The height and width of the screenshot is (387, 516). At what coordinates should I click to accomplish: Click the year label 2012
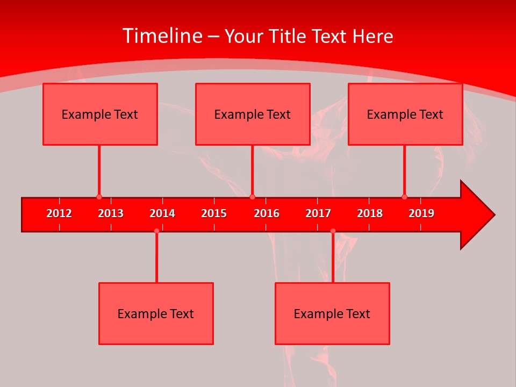tap(59, 213)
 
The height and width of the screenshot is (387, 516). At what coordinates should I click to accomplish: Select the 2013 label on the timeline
tap(111, 213)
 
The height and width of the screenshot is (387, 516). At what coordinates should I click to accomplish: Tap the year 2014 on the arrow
tap(162, 213)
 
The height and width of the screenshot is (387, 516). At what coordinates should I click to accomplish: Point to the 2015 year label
tap(214, 213)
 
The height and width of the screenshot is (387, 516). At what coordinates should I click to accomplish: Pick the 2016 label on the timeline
tap(267, 213)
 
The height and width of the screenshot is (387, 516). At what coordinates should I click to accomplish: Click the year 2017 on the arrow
tap(318, 213)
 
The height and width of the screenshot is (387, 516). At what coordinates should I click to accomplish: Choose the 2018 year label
tap(370, 213)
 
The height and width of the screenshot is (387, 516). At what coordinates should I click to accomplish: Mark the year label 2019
tap(421, 213)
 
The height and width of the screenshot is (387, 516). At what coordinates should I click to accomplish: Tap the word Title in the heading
tap(289, 37)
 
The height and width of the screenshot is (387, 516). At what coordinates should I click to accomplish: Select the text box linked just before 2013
tap(100, 114)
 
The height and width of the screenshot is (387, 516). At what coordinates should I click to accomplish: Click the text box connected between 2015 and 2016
tap(253, 114)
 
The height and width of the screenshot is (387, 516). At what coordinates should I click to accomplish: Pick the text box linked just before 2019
tap(405, 114)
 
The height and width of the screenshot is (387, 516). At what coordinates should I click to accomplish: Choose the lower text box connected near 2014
tap(156, 313)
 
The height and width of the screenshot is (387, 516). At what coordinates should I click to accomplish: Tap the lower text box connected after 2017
tap(332, 313)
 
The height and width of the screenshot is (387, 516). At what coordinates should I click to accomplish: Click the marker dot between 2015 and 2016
tap(253, 197)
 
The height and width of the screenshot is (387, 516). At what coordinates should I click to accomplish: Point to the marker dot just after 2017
tap(333, 231)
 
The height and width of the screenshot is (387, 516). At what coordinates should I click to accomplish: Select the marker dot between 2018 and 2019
tap(405, 197)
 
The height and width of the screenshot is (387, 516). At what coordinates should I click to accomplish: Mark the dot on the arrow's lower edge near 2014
tap(156, 231)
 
